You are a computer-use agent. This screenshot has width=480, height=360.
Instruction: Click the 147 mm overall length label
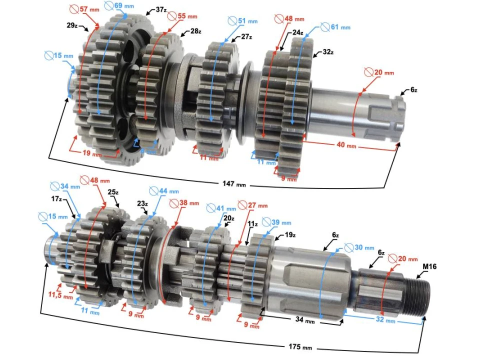pos(233,184)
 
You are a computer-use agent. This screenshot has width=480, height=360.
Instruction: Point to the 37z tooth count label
pos(161,10)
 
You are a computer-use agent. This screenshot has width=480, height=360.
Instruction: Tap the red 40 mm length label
pos(344,146)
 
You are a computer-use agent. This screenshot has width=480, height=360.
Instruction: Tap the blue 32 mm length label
pos(383,320)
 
